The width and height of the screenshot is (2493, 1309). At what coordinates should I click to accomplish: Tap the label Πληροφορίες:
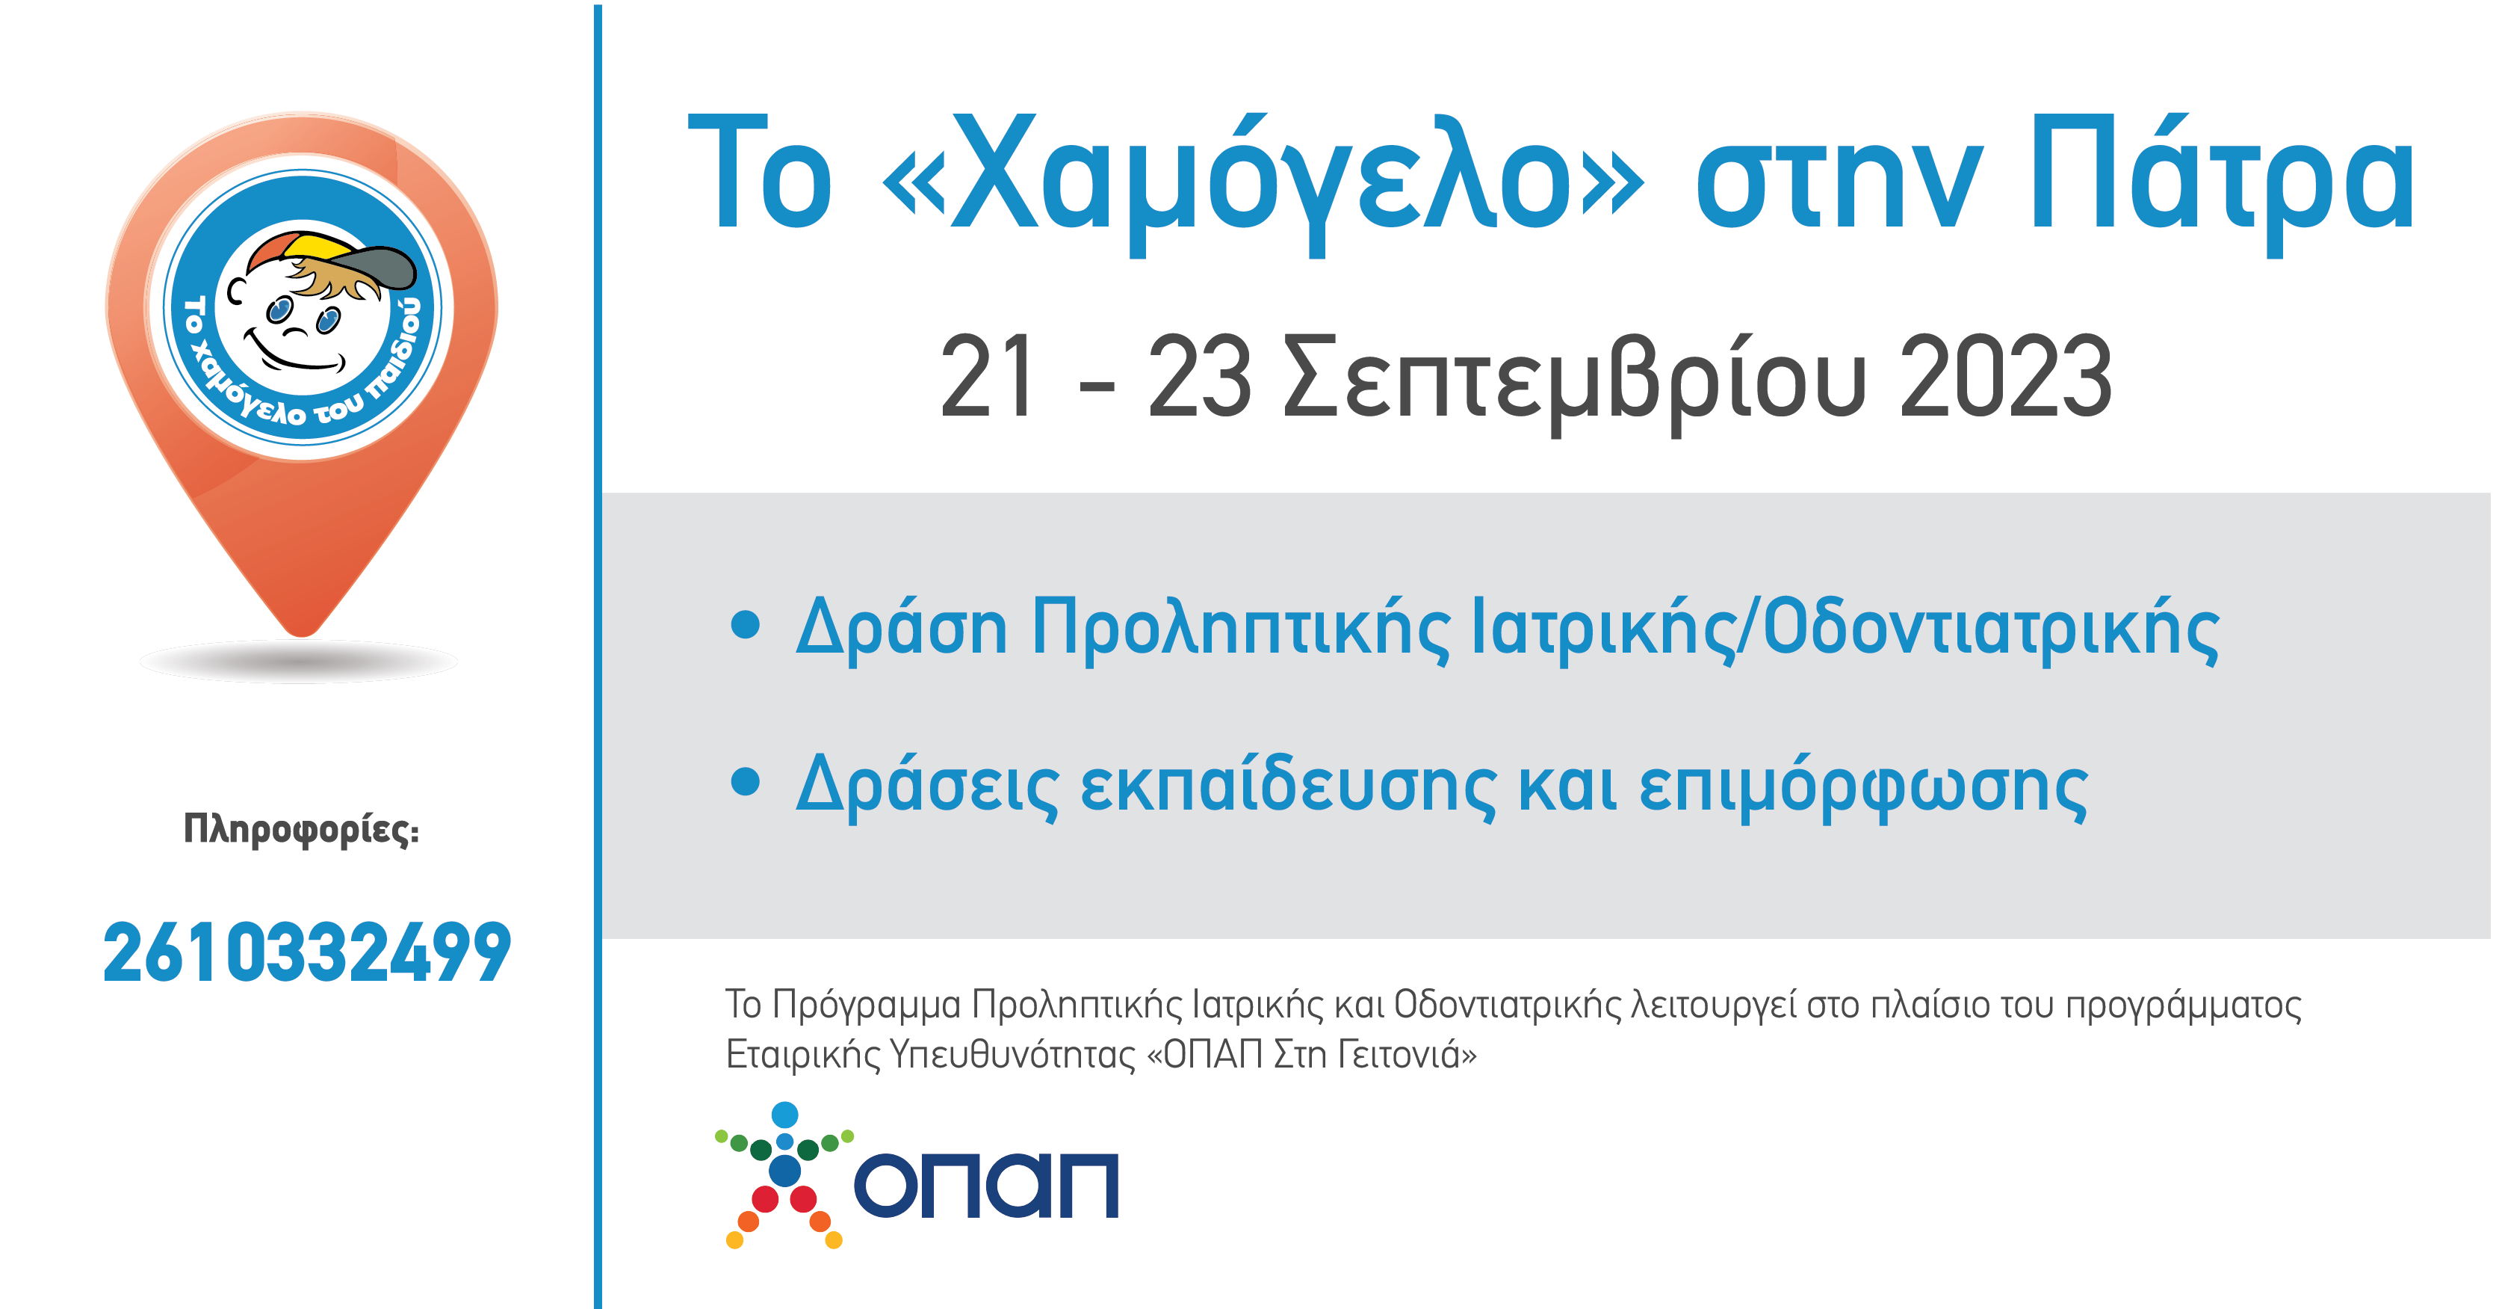pyautogui.click(x=301, y=830)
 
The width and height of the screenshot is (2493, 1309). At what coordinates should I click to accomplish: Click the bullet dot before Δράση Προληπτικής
pyautogui.click(x=745, y=624)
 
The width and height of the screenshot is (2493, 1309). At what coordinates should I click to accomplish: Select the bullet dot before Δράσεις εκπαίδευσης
pyautogui.click(x=745, y=780)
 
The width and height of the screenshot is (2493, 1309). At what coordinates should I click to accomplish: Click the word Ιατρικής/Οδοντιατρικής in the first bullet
pyautogui.click(x=1845, y=629)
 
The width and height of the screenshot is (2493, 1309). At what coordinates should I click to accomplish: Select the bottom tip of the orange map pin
pyautogui.click(x=302, y=636)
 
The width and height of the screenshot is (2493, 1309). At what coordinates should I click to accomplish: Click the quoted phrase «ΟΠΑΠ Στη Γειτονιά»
pyautogui.click(x=1311, y=1053)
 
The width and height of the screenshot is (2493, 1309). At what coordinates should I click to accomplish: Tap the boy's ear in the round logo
pyautogui.click(x=235, y=291)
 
